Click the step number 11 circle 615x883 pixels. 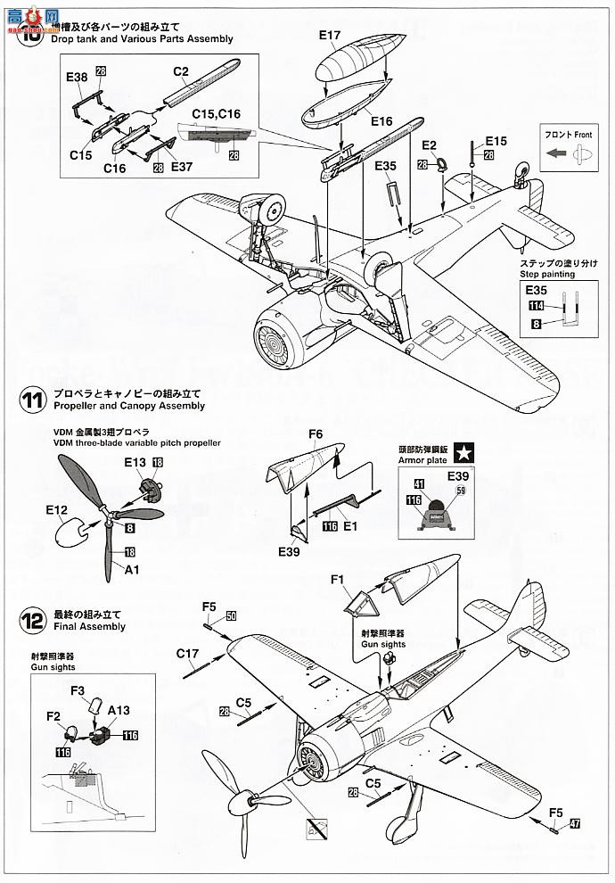[x=33, y=399]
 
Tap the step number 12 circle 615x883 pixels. [x=33, y=620]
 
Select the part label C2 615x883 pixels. [x=181, y=70]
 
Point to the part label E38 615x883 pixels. [x=77, y=77]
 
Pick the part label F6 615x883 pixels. [x=316, y=434]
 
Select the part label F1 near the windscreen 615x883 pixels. [x=338, y=580]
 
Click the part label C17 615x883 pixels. [x=187, y=652]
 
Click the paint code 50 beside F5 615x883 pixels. [x=231, y=616]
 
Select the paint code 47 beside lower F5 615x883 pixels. [x=575, y=822]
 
